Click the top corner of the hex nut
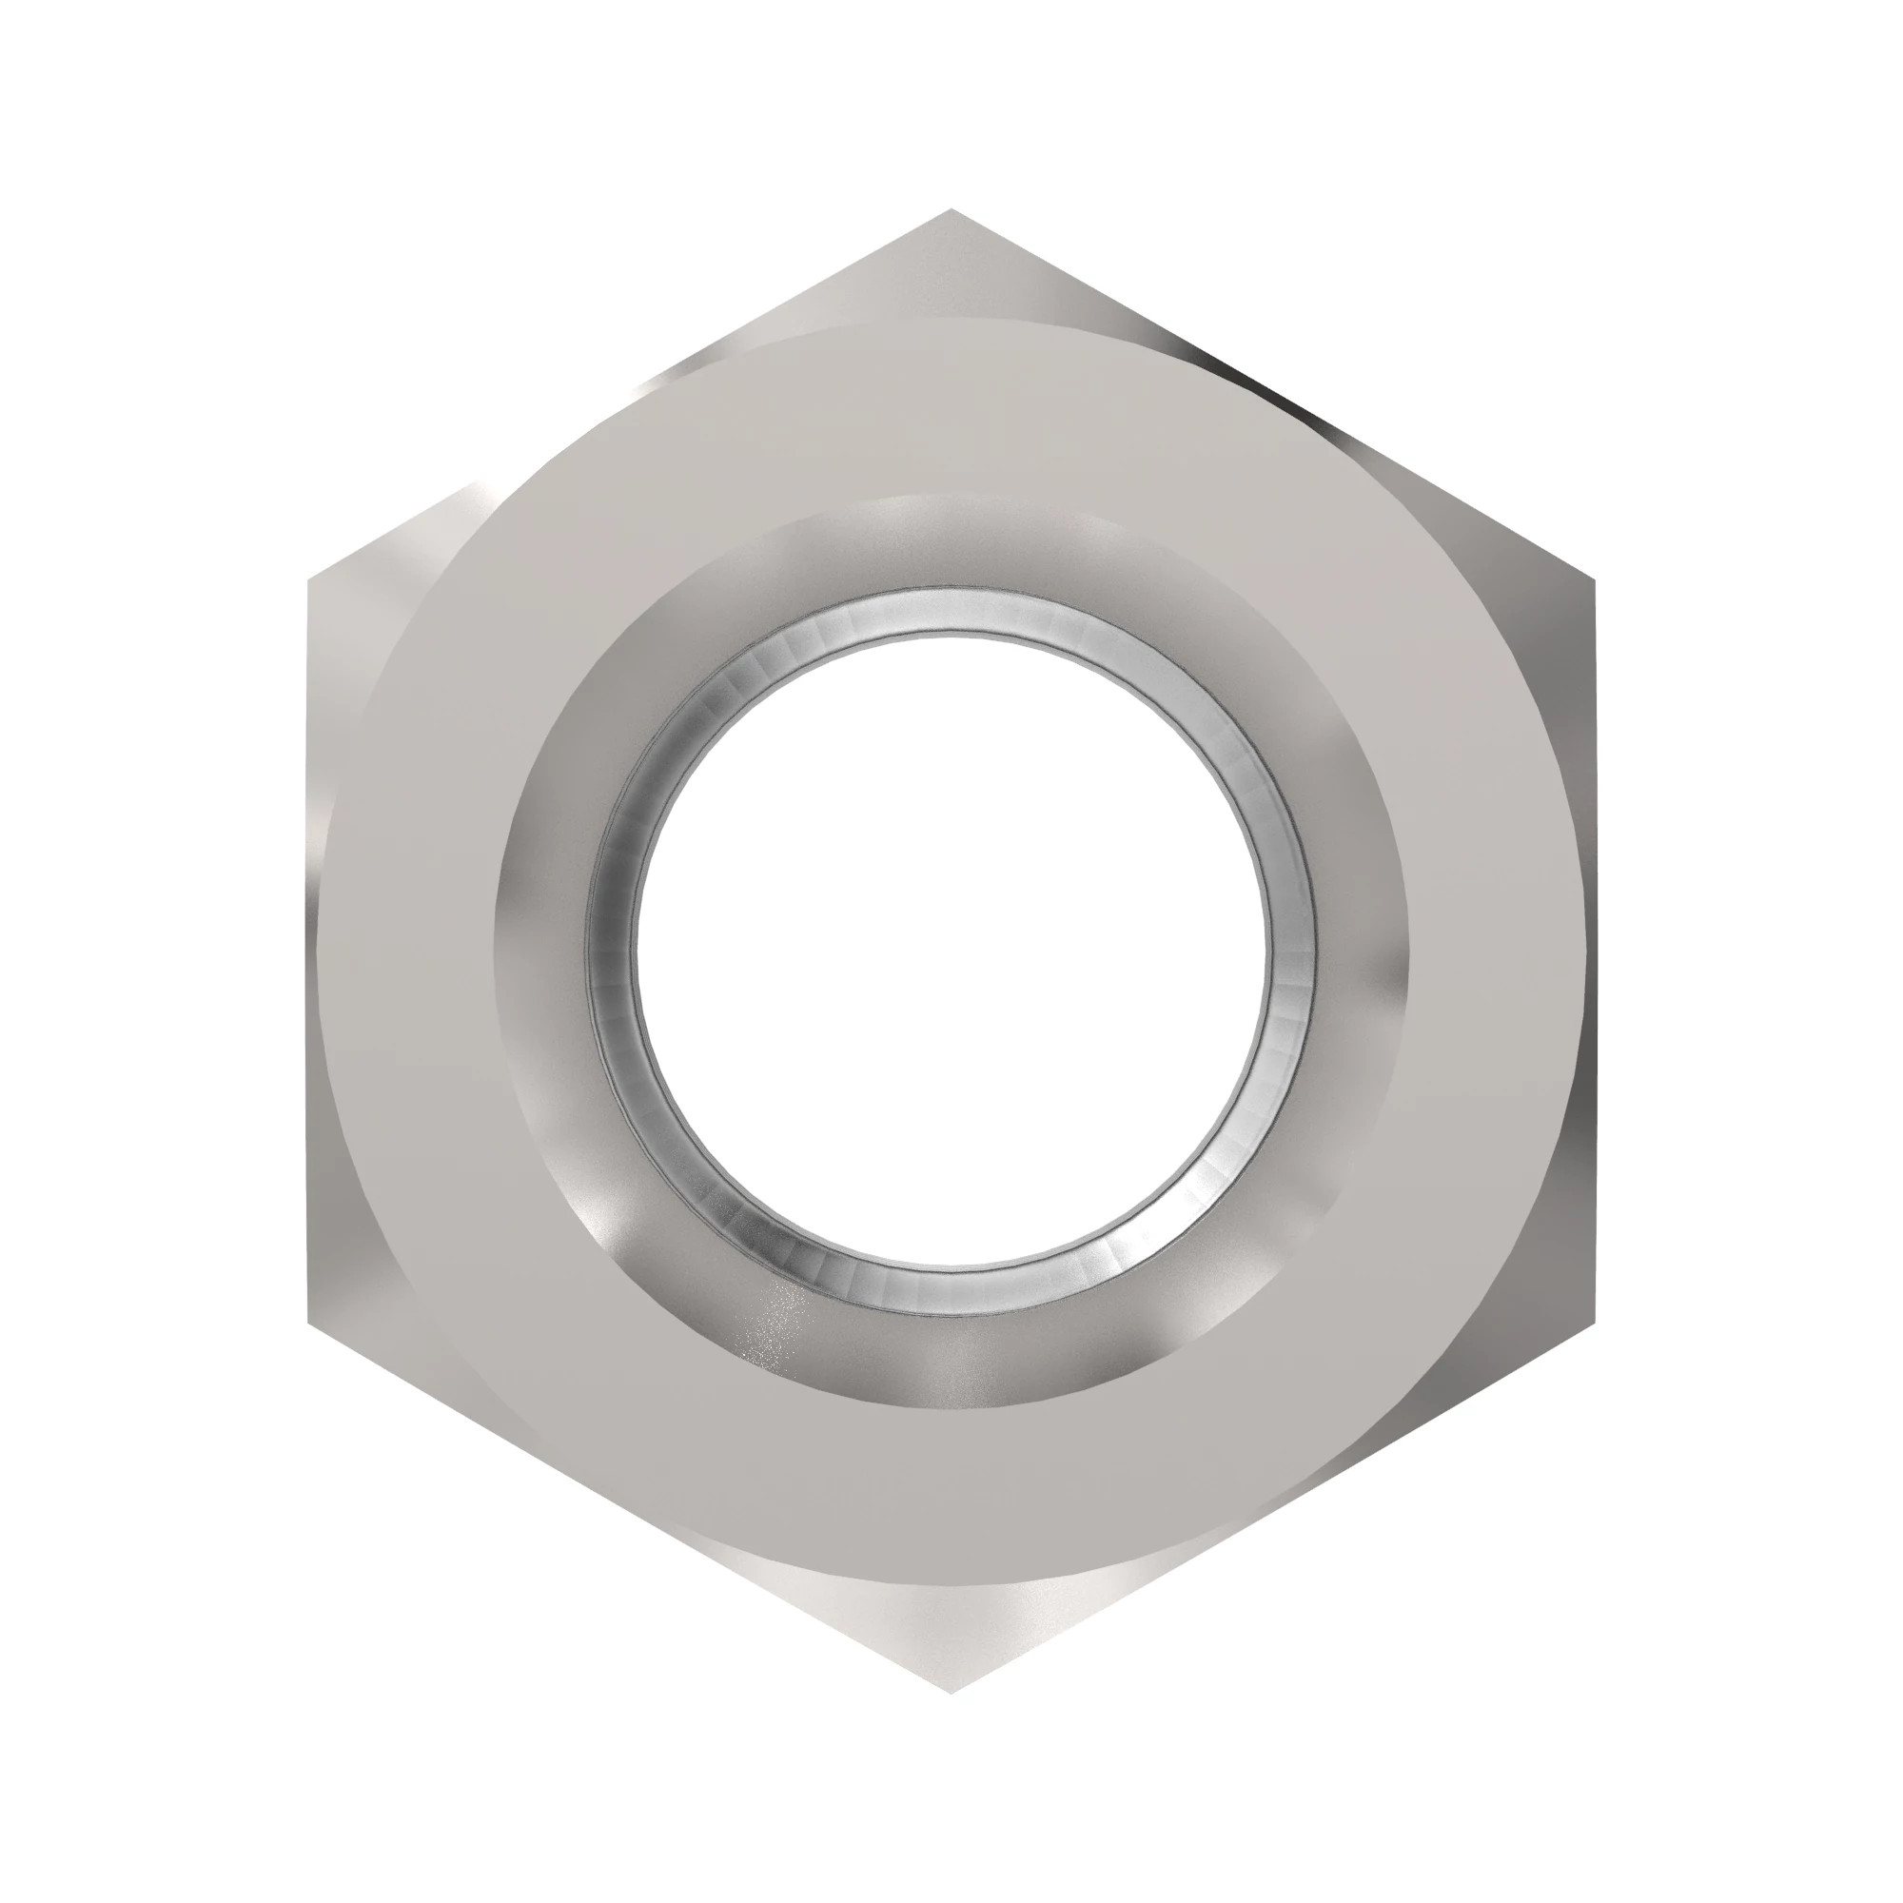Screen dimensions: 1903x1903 point(951,212)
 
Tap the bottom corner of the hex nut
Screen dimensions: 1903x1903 point(951,1691)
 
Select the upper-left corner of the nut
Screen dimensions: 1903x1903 point(311,581)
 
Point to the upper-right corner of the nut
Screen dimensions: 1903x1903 point(1592,581)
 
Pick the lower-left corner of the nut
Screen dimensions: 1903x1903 point(311,1322)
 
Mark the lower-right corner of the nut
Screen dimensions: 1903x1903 point(1592,1322)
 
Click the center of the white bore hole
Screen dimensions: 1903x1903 point(951,951)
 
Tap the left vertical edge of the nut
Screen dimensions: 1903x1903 point(311,951)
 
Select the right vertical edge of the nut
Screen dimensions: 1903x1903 point(1592,951)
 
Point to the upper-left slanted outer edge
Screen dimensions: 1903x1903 point(631,396)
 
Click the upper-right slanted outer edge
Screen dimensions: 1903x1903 point(1271,396)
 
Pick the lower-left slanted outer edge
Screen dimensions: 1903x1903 point(631,1507)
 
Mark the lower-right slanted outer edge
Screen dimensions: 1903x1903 point(1271,1507)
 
